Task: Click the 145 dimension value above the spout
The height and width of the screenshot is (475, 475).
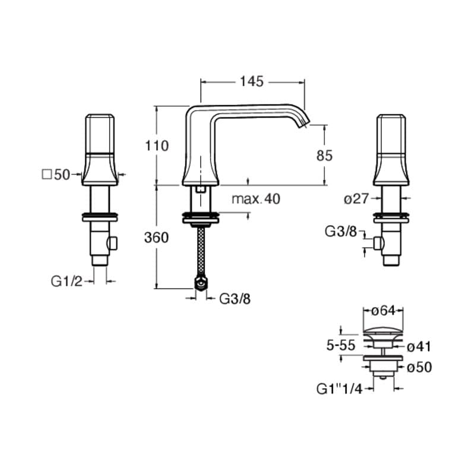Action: (252, 82)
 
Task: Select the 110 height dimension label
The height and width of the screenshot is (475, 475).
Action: (157, 146)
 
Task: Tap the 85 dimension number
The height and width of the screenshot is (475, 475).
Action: (324, 156)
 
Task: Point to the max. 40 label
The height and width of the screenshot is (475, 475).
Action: (256, 199)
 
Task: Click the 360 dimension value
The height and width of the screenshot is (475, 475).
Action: (156, 238)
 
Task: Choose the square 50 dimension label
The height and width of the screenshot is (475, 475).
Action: (56, 175)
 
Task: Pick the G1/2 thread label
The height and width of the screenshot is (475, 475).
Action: (66, 281)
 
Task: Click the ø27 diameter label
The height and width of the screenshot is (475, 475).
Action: (356, 199)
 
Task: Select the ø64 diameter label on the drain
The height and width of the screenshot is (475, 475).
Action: (383, 311)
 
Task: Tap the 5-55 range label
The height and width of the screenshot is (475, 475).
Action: (341, 346)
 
